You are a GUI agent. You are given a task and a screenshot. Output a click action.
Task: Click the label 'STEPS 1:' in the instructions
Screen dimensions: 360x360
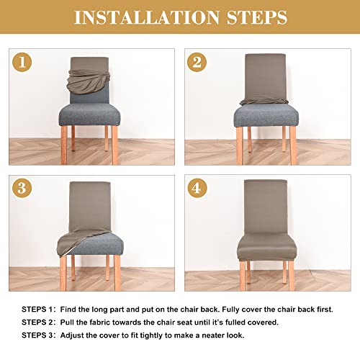(34, 309)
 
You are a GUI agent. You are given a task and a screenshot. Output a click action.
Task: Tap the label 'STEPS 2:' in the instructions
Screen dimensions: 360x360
(34, 323)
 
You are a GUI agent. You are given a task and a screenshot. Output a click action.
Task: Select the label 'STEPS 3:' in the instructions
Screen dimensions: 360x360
(34, 336)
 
